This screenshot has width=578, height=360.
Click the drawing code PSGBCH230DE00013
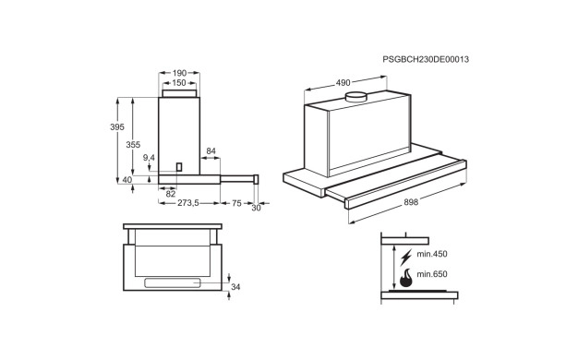426,59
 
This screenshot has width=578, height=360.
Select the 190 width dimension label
179,73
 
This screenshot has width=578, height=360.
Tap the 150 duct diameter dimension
179,83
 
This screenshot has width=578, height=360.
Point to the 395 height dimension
117,127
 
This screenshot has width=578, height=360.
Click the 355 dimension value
133,145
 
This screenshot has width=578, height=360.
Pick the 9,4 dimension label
149,158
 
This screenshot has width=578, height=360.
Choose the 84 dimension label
211,151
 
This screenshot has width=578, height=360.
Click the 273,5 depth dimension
188,203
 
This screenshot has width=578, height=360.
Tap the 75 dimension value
236,203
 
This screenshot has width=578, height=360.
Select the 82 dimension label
170,194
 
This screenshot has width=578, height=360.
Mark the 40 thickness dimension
126,180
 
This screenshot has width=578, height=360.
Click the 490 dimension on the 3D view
343,83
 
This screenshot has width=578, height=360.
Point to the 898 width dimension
411,202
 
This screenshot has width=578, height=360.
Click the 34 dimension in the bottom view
235,287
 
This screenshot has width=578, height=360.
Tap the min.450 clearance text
432,254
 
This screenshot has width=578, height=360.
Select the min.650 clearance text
432,274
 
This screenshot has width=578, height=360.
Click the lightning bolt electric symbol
406,258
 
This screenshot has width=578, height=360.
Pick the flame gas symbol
406,279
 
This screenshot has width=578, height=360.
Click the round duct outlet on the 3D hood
355,97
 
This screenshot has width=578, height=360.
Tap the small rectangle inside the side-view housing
179,167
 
